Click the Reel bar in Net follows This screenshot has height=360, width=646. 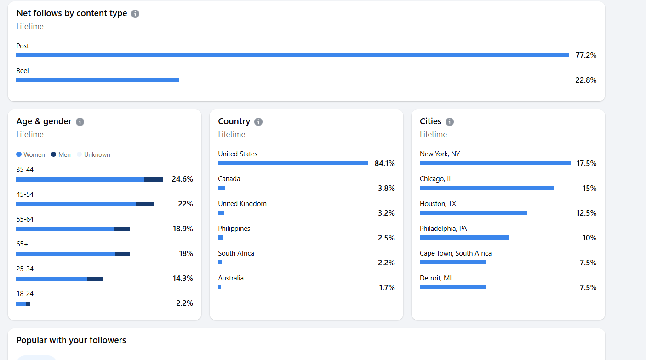pyautogui.click(x=97, y=80)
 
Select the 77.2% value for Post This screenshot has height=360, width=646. pyautogui.click(x=586, y=55)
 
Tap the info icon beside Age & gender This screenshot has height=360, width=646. pyautogui.click(x=80, y=122)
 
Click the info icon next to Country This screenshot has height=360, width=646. pyautogui.click(x=258, y=122)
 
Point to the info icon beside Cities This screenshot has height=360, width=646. pyautogui.click(x=450, y=122)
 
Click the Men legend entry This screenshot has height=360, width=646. pyautogui.click(x=61, y=155)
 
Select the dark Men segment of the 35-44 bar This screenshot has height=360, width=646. pyautogui.click(x=154, y=179)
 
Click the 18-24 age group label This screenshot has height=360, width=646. pyautogui.click(x=25, y=294)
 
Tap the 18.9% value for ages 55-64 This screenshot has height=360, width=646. pyautogui.click(x=183, y=229)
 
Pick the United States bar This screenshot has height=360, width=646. pyautogui.click(x=293, y=163)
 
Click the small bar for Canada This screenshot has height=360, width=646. pyautogui.click(x=221, y=188)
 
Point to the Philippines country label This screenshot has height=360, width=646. pyautogui.click(x=234, y=229)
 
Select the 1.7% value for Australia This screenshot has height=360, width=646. pyautogui.click(x=387, y=288)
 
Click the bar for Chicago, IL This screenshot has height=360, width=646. pyautogui.click(x=486, y=188)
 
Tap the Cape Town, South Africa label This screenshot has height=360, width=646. pyautogui.click(x=455, y=253)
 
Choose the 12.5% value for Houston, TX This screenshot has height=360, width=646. pyautogui.click(x=586, y=213)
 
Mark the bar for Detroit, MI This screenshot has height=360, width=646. pyautogui.click(x=452, y=287)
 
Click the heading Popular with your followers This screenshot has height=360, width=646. pyautogui.click(x=71, y=340)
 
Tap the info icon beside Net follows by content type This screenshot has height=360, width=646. pyautogui.click(x=135, y=14)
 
